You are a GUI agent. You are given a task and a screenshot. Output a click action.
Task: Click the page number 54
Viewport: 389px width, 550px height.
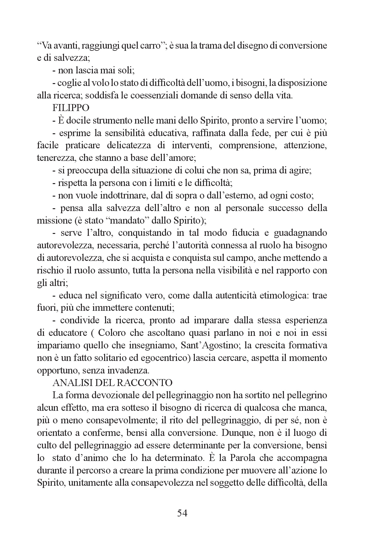click(182, 513)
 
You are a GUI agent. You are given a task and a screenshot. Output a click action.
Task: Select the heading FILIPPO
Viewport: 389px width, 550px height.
click(71, 108)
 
